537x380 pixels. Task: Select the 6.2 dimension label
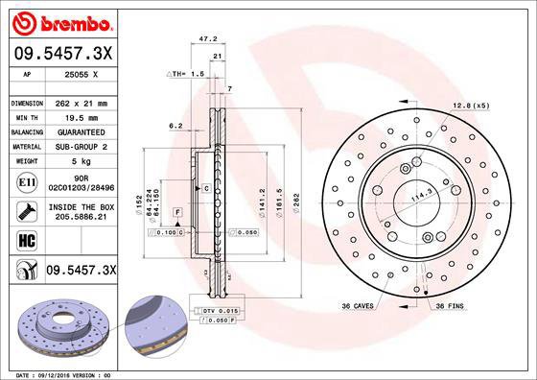coord(175,126)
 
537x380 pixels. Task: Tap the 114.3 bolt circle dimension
coord(418,198)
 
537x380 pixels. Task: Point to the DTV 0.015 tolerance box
coord(222,313)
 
